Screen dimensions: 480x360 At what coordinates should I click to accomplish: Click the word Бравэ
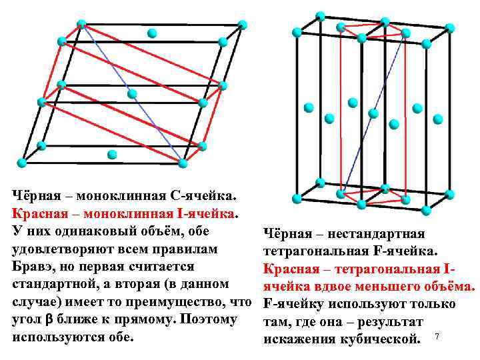(x=35, y=266)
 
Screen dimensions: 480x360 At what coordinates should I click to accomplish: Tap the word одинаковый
(x=97, y=231)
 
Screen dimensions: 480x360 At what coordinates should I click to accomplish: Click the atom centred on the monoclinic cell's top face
(x=152, y=33)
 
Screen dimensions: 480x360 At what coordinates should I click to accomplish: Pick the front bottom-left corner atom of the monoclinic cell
(x=21, y=163)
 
